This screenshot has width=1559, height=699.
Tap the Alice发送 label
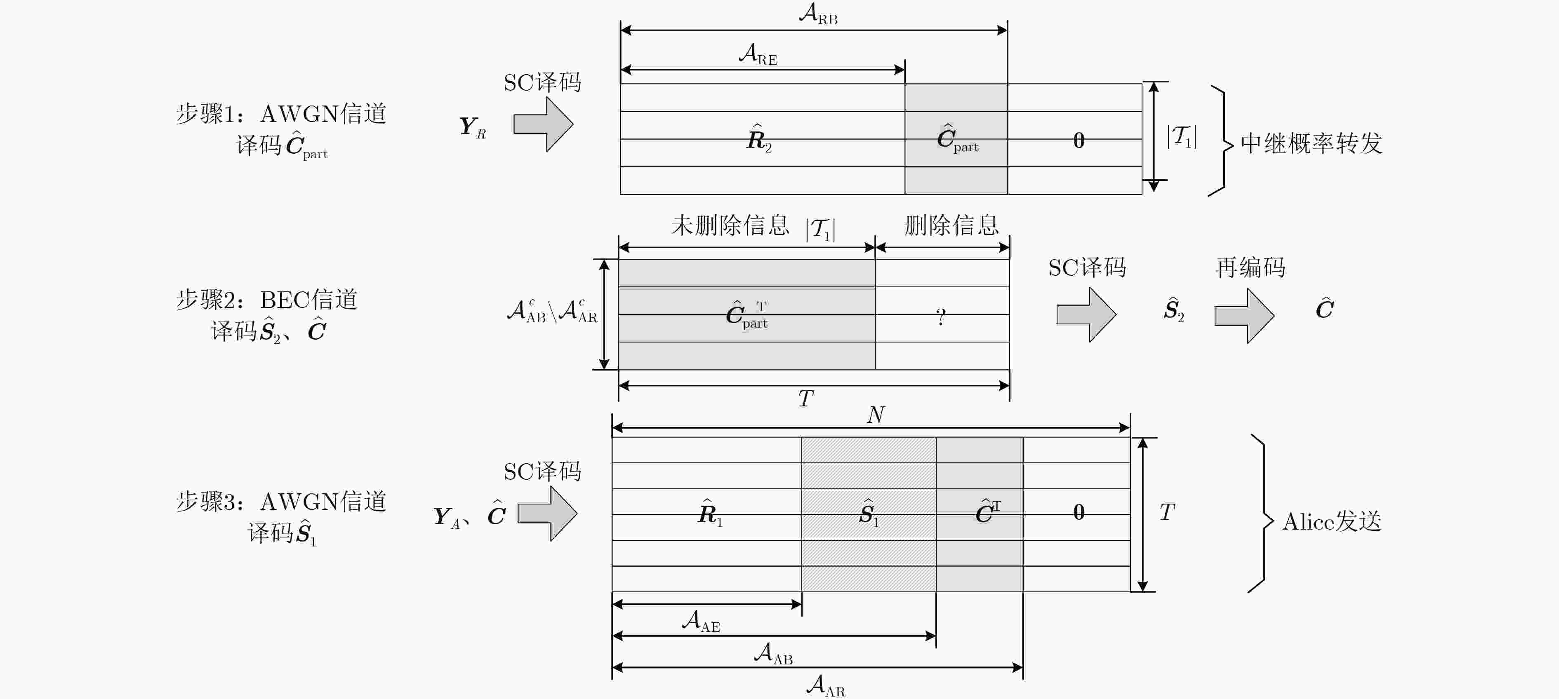click(1331, 521)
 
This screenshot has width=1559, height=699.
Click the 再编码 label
click(1250, 267)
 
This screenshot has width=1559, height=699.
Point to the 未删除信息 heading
click(730, 225)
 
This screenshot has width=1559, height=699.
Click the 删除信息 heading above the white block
click(951, 225)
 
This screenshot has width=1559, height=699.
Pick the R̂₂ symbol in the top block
click(759, 138)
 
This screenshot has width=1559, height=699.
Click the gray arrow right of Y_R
click(543, 124)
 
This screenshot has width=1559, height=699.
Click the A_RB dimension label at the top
click(818, 13)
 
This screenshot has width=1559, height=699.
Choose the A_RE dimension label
click(758, 54)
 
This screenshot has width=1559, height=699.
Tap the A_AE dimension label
click(701, 621)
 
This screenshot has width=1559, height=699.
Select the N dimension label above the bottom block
click(876, 415)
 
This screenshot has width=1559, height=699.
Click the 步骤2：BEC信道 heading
click(266, 299)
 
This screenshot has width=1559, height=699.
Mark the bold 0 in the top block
click(1079, 140)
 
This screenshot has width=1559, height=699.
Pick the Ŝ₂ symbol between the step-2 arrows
click(1173, 310)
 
